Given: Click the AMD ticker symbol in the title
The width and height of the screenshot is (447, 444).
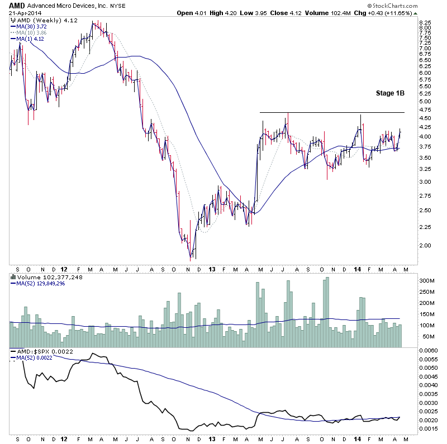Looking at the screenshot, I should tap(16, 5).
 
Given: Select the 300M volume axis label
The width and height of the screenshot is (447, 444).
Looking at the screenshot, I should tap(427, 280).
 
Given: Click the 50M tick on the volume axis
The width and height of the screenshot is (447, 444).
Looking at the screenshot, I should tap(427, 337).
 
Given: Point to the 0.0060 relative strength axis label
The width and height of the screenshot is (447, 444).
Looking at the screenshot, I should tap(429, 350).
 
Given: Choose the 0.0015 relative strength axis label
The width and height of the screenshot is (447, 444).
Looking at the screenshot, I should tap(429, 429).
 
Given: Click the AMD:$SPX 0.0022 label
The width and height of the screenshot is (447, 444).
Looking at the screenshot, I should tap(36, 351).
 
